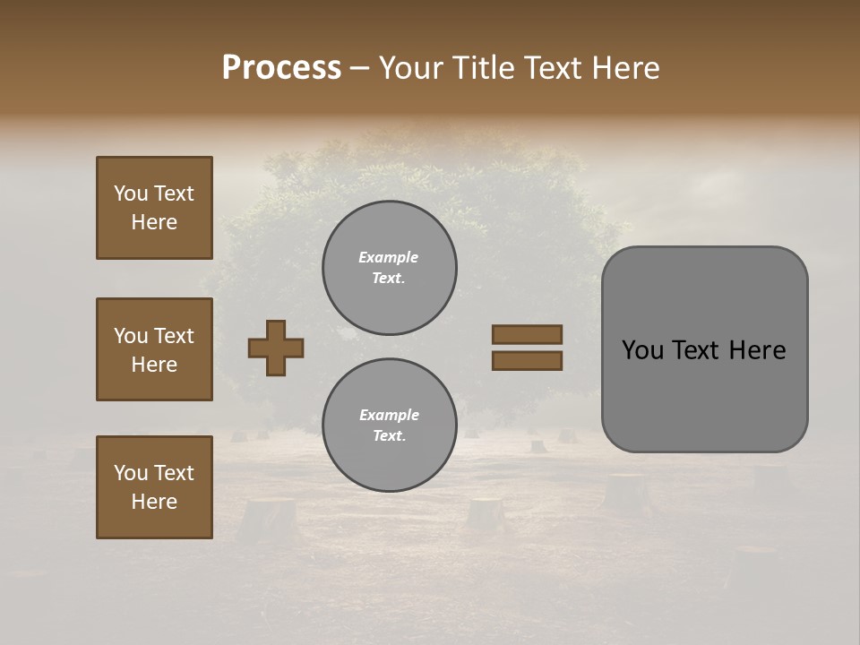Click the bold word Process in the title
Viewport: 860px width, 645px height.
(281, 68)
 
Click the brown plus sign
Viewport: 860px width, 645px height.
(276, 348)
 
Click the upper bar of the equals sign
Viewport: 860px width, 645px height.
(527, 334)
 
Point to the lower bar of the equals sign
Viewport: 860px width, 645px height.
(527, 360)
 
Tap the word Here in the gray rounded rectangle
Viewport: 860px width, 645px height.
(757, 350)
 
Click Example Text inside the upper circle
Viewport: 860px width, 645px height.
(389, 268)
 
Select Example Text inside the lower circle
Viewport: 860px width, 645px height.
(389, 426)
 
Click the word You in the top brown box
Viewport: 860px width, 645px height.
(131, 193)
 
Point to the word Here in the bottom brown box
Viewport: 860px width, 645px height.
(154, 502)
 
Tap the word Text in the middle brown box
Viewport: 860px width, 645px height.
(174, 336)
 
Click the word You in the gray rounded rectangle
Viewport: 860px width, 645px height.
(643, 350)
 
